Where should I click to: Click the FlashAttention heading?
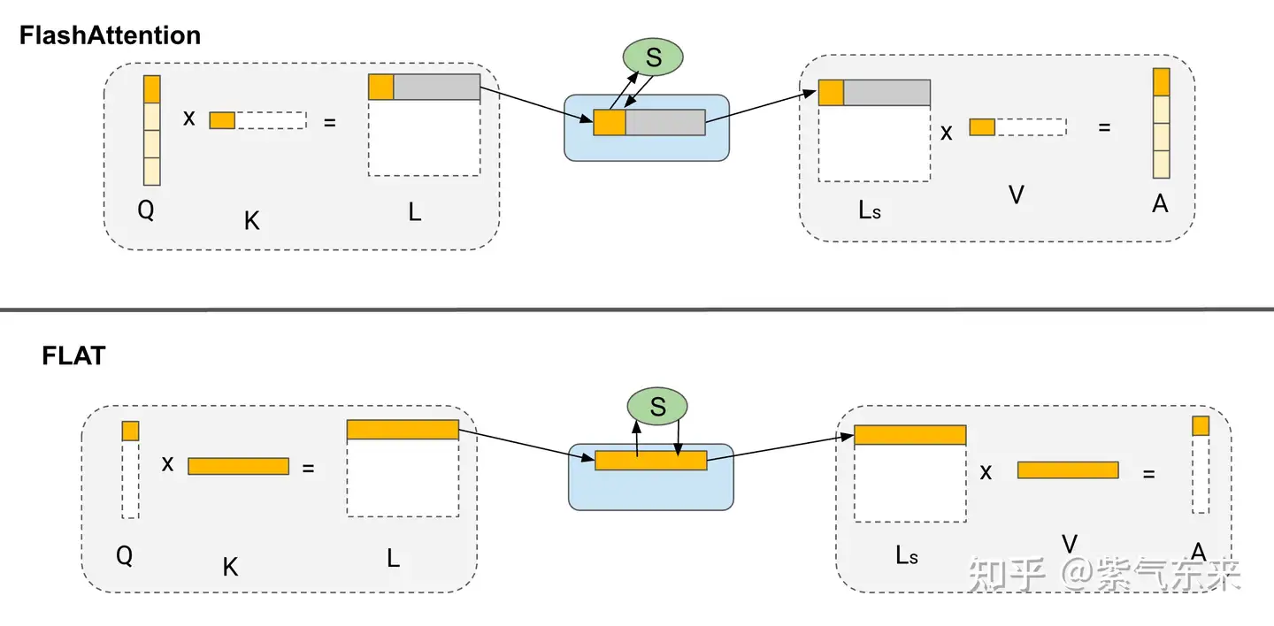pyautogui.click(x=110, y=35)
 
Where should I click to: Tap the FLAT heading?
pyautogui.click(x=73, y=355)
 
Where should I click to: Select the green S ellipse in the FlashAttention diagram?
pyautogui.click(x=653, y=58)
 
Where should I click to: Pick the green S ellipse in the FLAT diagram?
pyautogui.click(x=657, y=407)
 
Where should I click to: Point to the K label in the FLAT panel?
pyautogui.click(x=230, y=568)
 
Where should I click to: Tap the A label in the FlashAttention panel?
pyautogui.click(x=1160, y=204)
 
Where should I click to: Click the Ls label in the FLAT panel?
pyautogui.click(x=907, y=555)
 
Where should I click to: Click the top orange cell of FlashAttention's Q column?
pyautogui.click(x=151, y=88)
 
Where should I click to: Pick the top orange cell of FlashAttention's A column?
pyautogui.click(x=1161, y=82)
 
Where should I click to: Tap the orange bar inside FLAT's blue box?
pyautogui.click(x=650, y=460)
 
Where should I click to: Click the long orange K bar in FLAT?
pyautogui.click(x=238, y=466)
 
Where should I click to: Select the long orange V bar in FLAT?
pyautogui.click(x=1067, y=469)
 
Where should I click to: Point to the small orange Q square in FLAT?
pyautogui.click(x=130, y=431)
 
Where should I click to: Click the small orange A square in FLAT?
pyautogui.click(x=1200, y=426)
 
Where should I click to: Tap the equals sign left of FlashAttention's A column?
pyautogui.click(x=1104, y=127)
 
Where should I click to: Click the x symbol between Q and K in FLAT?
pyautogui.click(x=167, y=463)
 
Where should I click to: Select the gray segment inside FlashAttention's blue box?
pyautogui.click(x=664, y=122)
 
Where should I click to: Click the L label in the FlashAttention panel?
pyautogui.click(x=415, y=213)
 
